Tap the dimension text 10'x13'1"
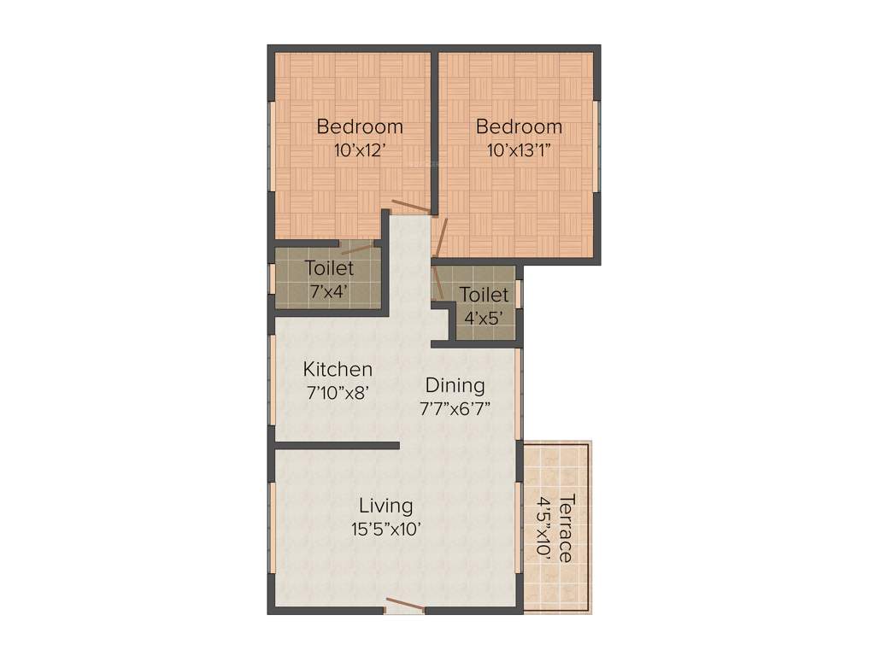519,151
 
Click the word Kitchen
338,370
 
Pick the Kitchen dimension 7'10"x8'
339,394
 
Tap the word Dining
455,385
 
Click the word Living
385,505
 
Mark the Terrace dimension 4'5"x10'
542,527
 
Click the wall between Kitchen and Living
336,445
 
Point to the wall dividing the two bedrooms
435,128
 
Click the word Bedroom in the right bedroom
519,127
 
